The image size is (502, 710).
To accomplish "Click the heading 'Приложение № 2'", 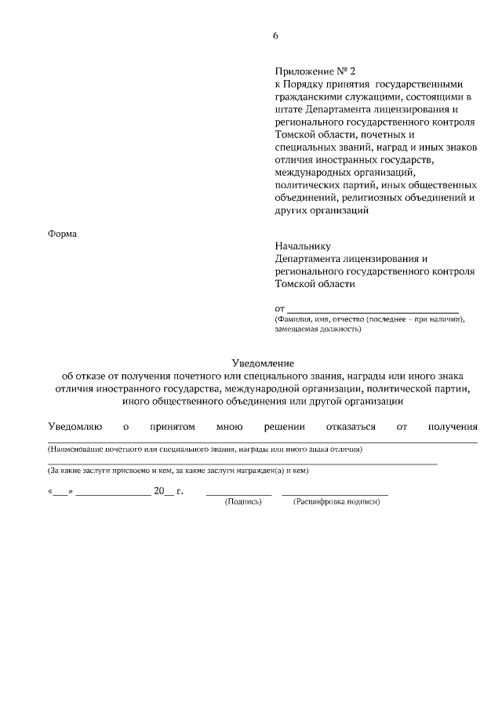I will tap(311, 71).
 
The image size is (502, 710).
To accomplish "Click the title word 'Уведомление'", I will tap(263, 362).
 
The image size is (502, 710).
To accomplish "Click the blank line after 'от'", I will tap(373, 311).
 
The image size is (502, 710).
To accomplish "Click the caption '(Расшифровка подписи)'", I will tap(336, 501).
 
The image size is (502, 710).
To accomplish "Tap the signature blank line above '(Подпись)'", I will tap(238, 493).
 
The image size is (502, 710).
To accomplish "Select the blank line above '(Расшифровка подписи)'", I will tap(335, 493).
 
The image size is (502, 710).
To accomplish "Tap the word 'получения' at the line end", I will tap(453, 427).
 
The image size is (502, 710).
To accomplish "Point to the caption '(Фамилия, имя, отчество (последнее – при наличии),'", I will tap(369, 319).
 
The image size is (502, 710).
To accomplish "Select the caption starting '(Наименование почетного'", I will tap(205, 450).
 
